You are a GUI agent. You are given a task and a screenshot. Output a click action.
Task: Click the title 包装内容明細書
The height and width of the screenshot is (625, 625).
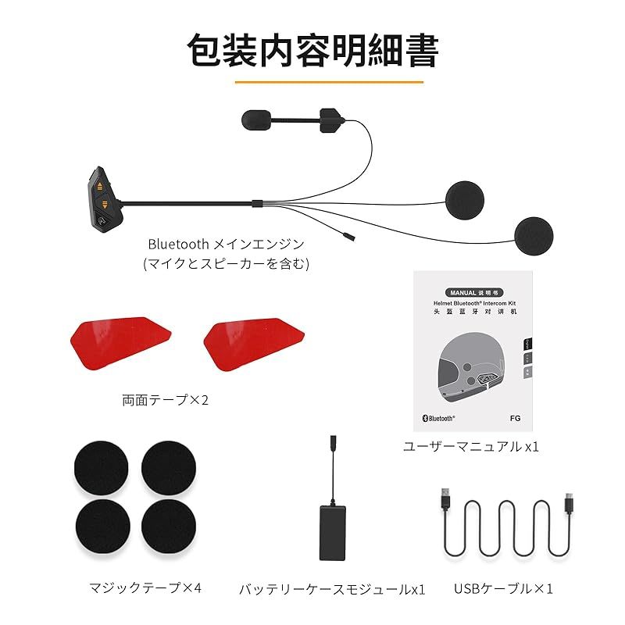312,50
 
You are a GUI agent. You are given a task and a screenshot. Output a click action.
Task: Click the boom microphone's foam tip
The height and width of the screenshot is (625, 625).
254,120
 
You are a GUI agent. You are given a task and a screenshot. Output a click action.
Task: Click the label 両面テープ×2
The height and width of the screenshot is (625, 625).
166,401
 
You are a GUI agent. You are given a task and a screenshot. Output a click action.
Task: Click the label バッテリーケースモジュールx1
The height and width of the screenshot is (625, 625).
332,588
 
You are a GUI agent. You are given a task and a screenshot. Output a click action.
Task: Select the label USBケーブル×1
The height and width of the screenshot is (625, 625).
504,587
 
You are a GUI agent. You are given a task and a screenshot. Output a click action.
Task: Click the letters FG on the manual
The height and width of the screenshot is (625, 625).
515,418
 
